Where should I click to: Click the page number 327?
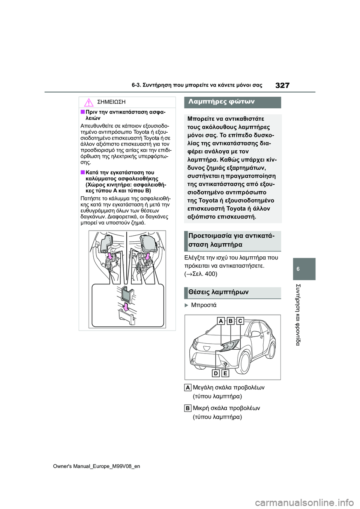[282, 85]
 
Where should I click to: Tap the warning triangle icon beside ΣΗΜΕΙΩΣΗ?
[88, 102]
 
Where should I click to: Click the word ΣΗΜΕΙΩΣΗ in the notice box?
[111, 102]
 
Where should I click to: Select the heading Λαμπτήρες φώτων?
[221, 102]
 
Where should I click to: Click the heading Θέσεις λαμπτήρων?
[218, 292]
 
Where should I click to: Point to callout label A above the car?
[221, 321]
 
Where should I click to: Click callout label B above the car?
[230, 321]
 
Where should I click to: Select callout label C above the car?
[240, 321]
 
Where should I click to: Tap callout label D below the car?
[216, 373]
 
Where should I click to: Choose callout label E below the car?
[225, 373]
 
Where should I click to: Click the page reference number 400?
[211, 274]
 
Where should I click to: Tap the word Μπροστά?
[204, 305]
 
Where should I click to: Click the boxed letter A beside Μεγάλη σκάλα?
[188, 388]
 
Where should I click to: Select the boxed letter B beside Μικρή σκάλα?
[188, 408]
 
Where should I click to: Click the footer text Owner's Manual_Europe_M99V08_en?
[96, 466]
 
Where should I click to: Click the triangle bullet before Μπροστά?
[186, 305]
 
